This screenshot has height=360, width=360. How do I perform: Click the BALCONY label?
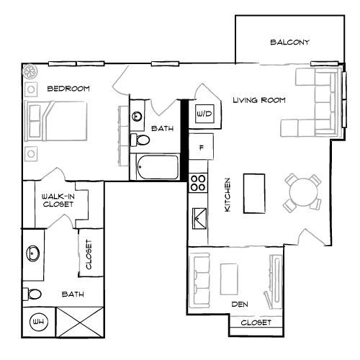tap(289, 42)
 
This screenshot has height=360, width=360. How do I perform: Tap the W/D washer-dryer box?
tap(204, 114)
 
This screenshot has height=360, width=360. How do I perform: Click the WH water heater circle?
tap(36, 322)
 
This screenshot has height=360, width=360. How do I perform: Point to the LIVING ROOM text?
tap(260, 100)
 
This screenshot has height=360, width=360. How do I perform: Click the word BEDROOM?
tap(68, 89)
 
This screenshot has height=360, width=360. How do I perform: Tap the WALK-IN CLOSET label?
tap(58, 199)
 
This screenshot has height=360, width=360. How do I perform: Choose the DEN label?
tap(240, 305)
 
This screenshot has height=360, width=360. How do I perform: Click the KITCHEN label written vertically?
tap(227, 194)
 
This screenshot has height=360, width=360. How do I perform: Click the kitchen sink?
tap(198, 217)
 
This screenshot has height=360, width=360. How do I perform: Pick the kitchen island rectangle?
tap(253, 193)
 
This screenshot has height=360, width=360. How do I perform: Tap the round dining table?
tap(302, 192)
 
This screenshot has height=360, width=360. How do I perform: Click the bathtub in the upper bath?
tap(155, 167)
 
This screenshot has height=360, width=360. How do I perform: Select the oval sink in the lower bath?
tap(32, 253)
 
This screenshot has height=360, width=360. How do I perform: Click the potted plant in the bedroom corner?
tap(30, 72)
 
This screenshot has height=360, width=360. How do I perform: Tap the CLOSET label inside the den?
tap(256, 323)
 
